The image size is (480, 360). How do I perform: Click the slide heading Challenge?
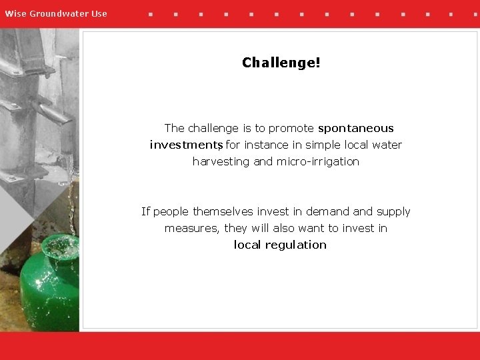[x=281, y=63]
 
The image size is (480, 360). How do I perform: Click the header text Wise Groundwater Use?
[x=56, y=13]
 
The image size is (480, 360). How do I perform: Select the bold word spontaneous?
[x=356, y=128]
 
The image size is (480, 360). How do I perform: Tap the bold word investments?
[x=185, y=145]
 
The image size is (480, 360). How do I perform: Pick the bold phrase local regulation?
[x=280, y=245]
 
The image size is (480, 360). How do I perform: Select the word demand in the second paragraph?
[x=327, y=211]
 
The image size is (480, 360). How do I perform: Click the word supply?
[x=393, y=211]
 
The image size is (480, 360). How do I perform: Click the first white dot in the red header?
[x=150, y=13]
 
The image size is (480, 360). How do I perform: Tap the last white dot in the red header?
[x=476, y=13]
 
